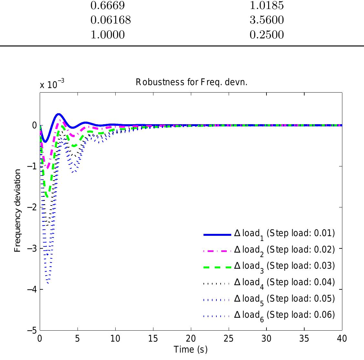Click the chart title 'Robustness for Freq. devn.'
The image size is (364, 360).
click(x=191, y=83)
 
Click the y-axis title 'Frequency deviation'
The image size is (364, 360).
click(x=18, y=210)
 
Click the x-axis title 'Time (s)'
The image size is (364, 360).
click(x=191, y=349)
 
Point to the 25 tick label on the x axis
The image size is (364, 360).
click(x=229, y=338)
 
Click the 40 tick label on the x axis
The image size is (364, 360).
click(x=342, y=338)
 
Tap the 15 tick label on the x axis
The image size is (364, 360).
click(x=153, y=338)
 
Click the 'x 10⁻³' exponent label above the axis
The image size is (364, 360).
click(x=52, y=84)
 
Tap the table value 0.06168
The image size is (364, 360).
click(x=110, y=20)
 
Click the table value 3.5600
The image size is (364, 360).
click(x=267, y=20)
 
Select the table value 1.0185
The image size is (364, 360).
click(x=267, y=5)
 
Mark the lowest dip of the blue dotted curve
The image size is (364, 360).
click(x=48, y=283)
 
